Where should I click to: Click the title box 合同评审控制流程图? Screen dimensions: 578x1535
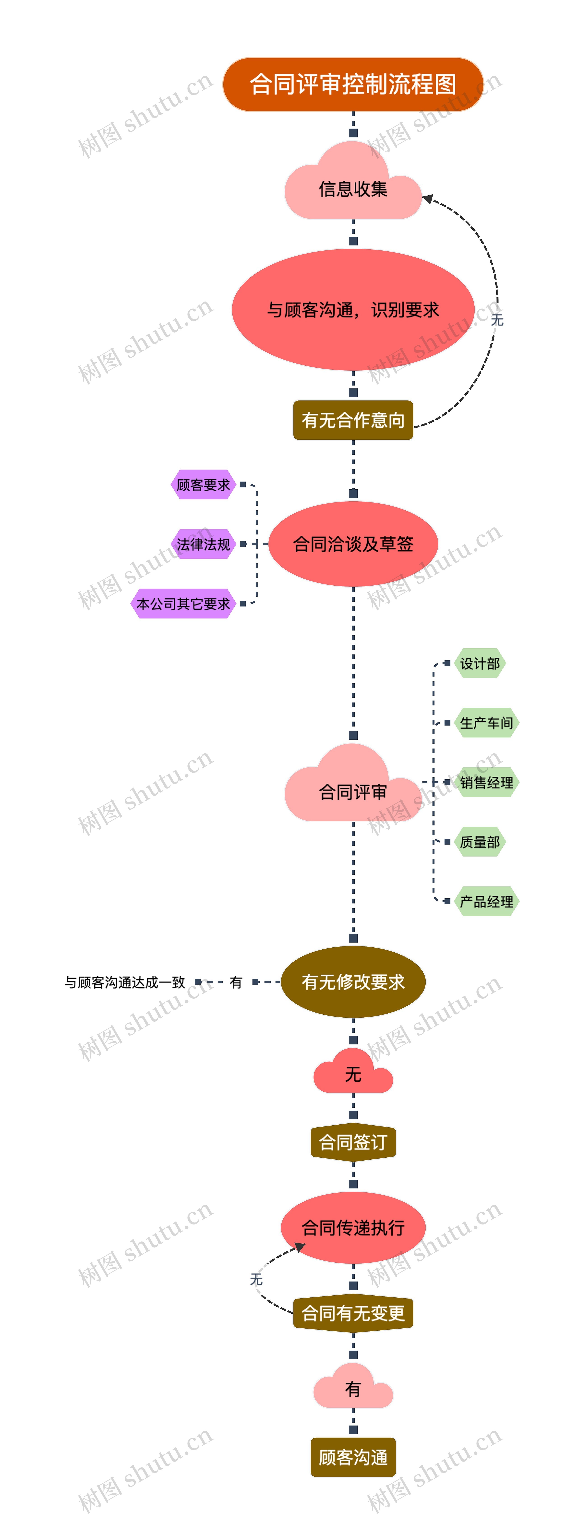point(353,84)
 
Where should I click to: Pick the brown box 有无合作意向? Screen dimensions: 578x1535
point(353,420)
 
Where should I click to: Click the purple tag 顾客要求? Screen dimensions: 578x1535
point(203,484)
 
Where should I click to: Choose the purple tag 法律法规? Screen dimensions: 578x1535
point(203,544)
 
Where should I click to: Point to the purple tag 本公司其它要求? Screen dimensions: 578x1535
point(183,604)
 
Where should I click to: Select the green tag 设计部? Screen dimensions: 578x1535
point(480,663)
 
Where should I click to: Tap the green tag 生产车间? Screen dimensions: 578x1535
point(486,723)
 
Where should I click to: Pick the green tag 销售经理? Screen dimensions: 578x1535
point(486,782)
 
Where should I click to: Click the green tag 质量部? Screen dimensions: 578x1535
point(480,842)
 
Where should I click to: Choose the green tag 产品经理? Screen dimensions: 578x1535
point(486,902)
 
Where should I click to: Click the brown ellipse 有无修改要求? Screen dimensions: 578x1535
point(353,981)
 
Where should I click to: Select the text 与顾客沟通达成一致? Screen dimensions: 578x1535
point(125,982)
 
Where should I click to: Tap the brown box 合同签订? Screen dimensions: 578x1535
point(353,1142)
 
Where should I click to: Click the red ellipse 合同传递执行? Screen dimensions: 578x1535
point(353,1227)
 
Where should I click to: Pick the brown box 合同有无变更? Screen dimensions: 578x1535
point(353,1313)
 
